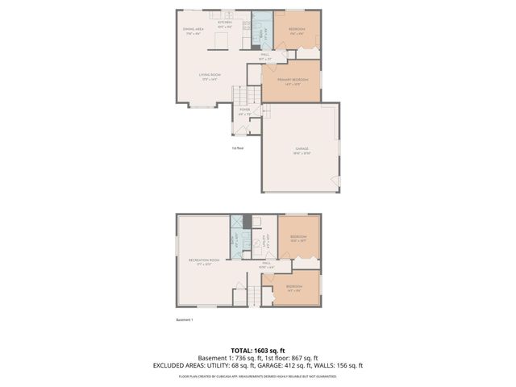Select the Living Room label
[210, 77]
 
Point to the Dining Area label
[193, 31]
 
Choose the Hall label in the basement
[267, 264]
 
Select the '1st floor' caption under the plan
[238, 148]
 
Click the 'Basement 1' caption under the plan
[185, 320]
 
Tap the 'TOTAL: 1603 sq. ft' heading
[257, 349]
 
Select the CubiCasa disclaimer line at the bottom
[257, 375]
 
